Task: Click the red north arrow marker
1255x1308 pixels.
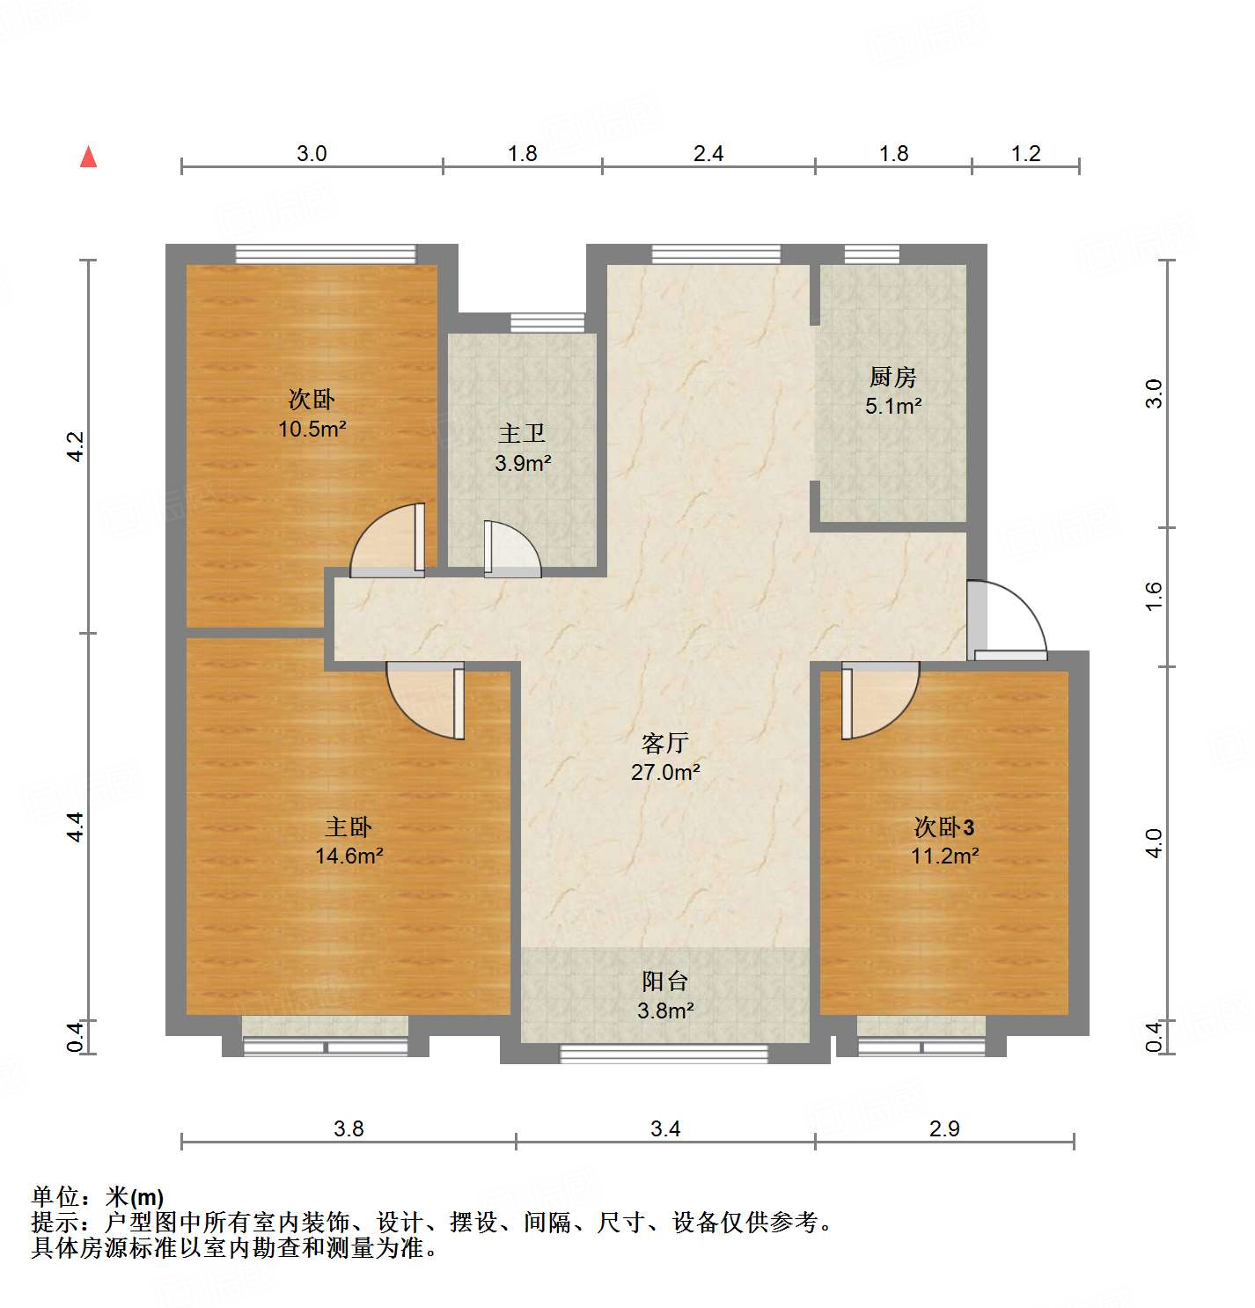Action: [x=88, y=157]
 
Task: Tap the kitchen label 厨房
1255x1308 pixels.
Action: [x=892, y=378]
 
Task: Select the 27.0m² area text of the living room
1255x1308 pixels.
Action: [x=664, y=773]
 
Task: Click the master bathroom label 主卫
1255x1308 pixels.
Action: [x=522, y=433]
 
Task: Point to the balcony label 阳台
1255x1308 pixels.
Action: [x=664, y=981]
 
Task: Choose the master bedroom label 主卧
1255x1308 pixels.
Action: [x=349, y=827]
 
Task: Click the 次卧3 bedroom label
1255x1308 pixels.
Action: [x=943, y=827]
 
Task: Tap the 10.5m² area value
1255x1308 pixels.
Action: [x=312, y=430]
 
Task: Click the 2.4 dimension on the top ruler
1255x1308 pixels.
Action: [x=708, y=154]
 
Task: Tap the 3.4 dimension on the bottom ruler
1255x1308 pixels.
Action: [x=664, y=1128]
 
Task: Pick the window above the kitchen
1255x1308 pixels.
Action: [x=871, y=254]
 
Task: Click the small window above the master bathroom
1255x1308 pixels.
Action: [x=547, y=322]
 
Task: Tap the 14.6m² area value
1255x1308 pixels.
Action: [x=349, y=856]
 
